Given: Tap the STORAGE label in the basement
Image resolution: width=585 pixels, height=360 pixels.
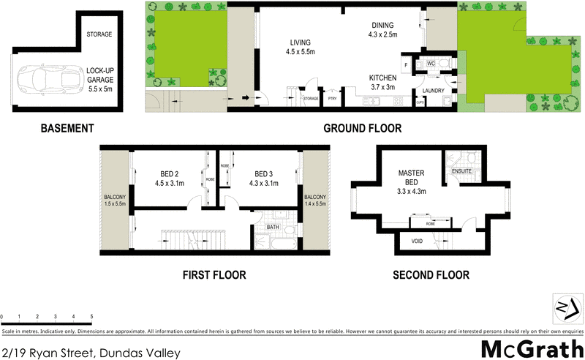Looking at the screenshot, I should pos(99,35).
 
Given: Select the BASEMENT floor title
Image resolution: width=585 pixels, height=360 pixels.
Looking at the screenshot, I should pos(67,128).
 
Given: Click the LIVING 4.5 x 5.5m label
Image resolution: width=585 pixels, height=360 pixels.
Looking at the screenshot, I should pos(301,47).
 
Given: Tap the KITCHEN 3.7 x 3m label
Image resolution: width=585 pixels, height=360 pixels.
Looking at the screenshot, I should pos(382,82).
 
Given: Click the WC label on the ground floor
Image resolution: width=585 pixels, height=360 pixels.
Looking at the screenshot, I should pos(431,64).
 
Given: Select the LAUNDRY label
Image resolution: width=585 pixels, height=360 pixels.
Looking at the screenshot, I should pos(434,91).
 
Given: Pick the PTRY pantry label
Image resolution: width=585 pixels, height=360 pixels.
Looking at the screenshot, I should pos(332,97).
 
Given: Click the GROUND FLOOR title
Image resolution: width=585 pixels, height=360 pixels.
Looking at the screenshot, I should pos(363,128).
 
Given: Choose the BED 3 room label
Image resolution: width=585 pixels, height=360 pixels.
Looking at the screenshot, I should pos(263,179).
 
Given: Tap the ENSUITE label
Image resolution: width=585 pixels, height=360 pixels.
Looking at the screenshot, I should pos(462,172).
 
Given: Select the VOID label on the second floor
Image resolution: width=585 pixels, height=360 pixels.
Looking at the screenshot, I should pos(417,240).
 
